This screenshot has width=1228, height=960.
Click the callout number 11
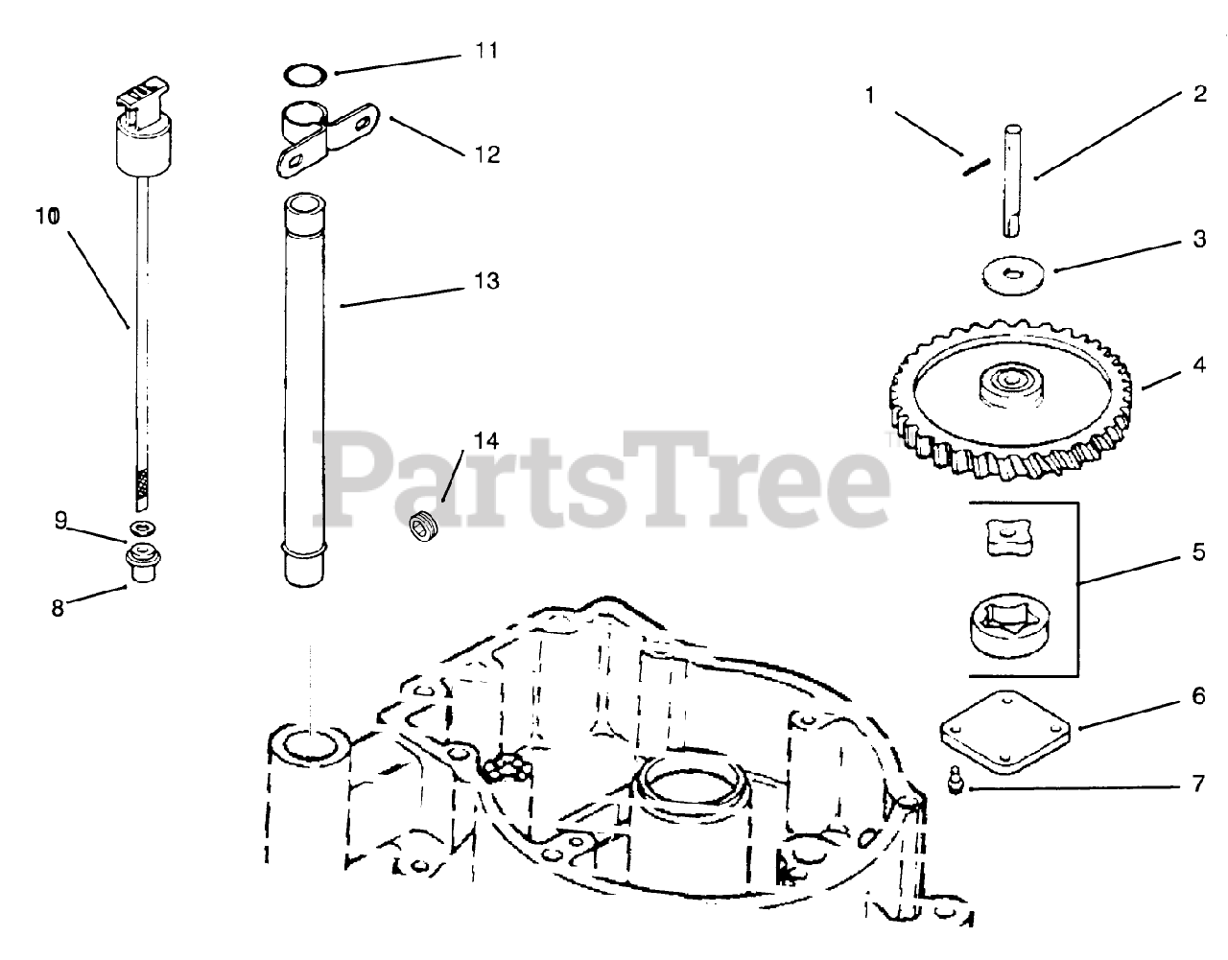pyautogui.click(x=487, y=50)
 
